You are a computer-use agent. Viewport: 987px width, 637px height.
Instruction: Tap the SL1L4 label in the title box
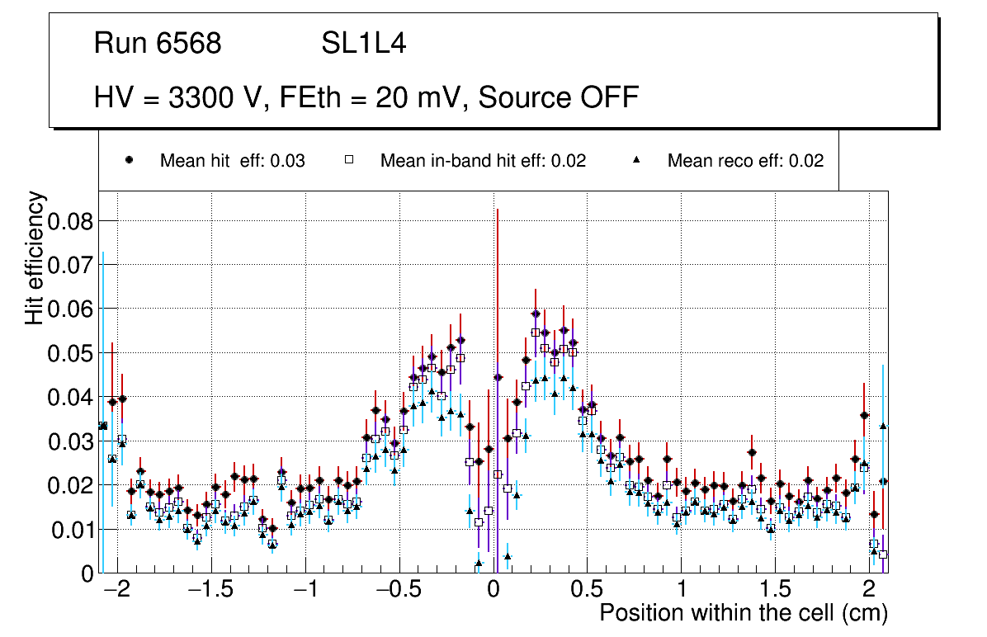point(363,44)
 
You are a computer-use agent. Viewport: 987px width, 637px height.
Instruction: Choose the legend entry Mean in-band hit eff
point(483,161)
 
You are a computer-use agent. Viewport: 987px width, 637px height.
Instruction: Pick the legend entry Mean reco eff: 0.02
point(744,161)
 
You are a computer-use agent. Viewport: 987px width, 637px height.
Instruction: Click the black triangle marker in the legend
point(637,161)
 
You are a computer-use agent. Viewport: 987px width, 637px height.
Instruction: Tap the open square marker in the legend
point(349,161)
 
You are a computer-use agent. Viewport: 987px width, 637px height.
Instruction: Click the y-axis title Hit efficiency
point(35,258)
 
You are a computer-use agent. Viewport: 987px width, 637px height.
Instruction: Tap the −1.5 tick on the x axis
point(211,591)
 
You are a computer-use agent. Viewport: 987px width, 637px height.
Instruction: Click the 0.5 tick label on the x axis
point(587,591)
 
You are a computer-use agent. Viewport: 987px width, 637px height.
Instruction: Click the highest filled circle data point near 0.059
point(536,314)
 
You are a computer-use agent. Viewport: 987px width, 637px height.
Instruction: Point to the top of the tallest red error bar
point(498,210)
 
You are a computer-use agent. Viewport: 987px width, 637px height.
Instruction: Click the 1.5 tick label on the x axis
point(774,591)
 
